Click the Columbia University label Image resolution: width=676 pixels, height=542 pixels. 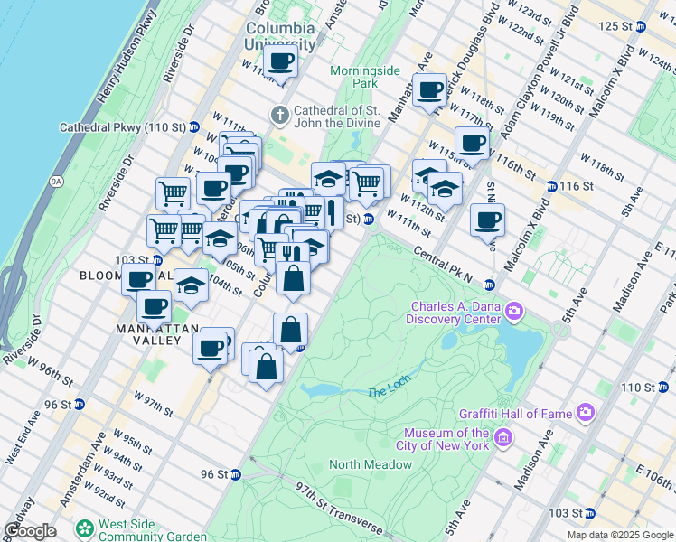click(x=280, y=34)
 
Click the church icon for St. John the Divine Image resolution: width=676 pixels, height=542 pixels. click(x=280, y=115)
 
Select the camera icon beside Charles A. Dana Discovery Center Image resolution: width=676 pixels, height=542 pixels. click(x=514, y=312)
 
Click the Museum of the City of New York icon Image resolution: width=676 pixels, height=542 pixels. click(x=503, y=440)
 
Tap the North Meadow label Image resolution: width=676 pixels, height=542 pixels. click(x=371, y=464)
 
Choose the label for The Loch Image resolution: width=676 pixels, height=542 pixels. click(x=389, y=392)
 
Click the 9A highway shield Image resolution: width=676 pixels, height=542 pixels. click(x=56, y=181)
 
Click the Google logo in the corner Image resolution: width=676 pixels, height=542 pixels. click(x=31, y=531)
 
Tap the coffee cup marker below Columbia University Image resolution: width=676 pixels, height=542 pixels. click(x=280, y=61)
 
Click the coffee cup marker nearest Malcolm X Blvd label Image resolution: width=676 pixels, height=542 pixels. click(x=487, y=219)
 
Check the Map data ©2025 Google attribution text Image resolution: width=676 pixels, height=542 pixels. click(x=620, y=535)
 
